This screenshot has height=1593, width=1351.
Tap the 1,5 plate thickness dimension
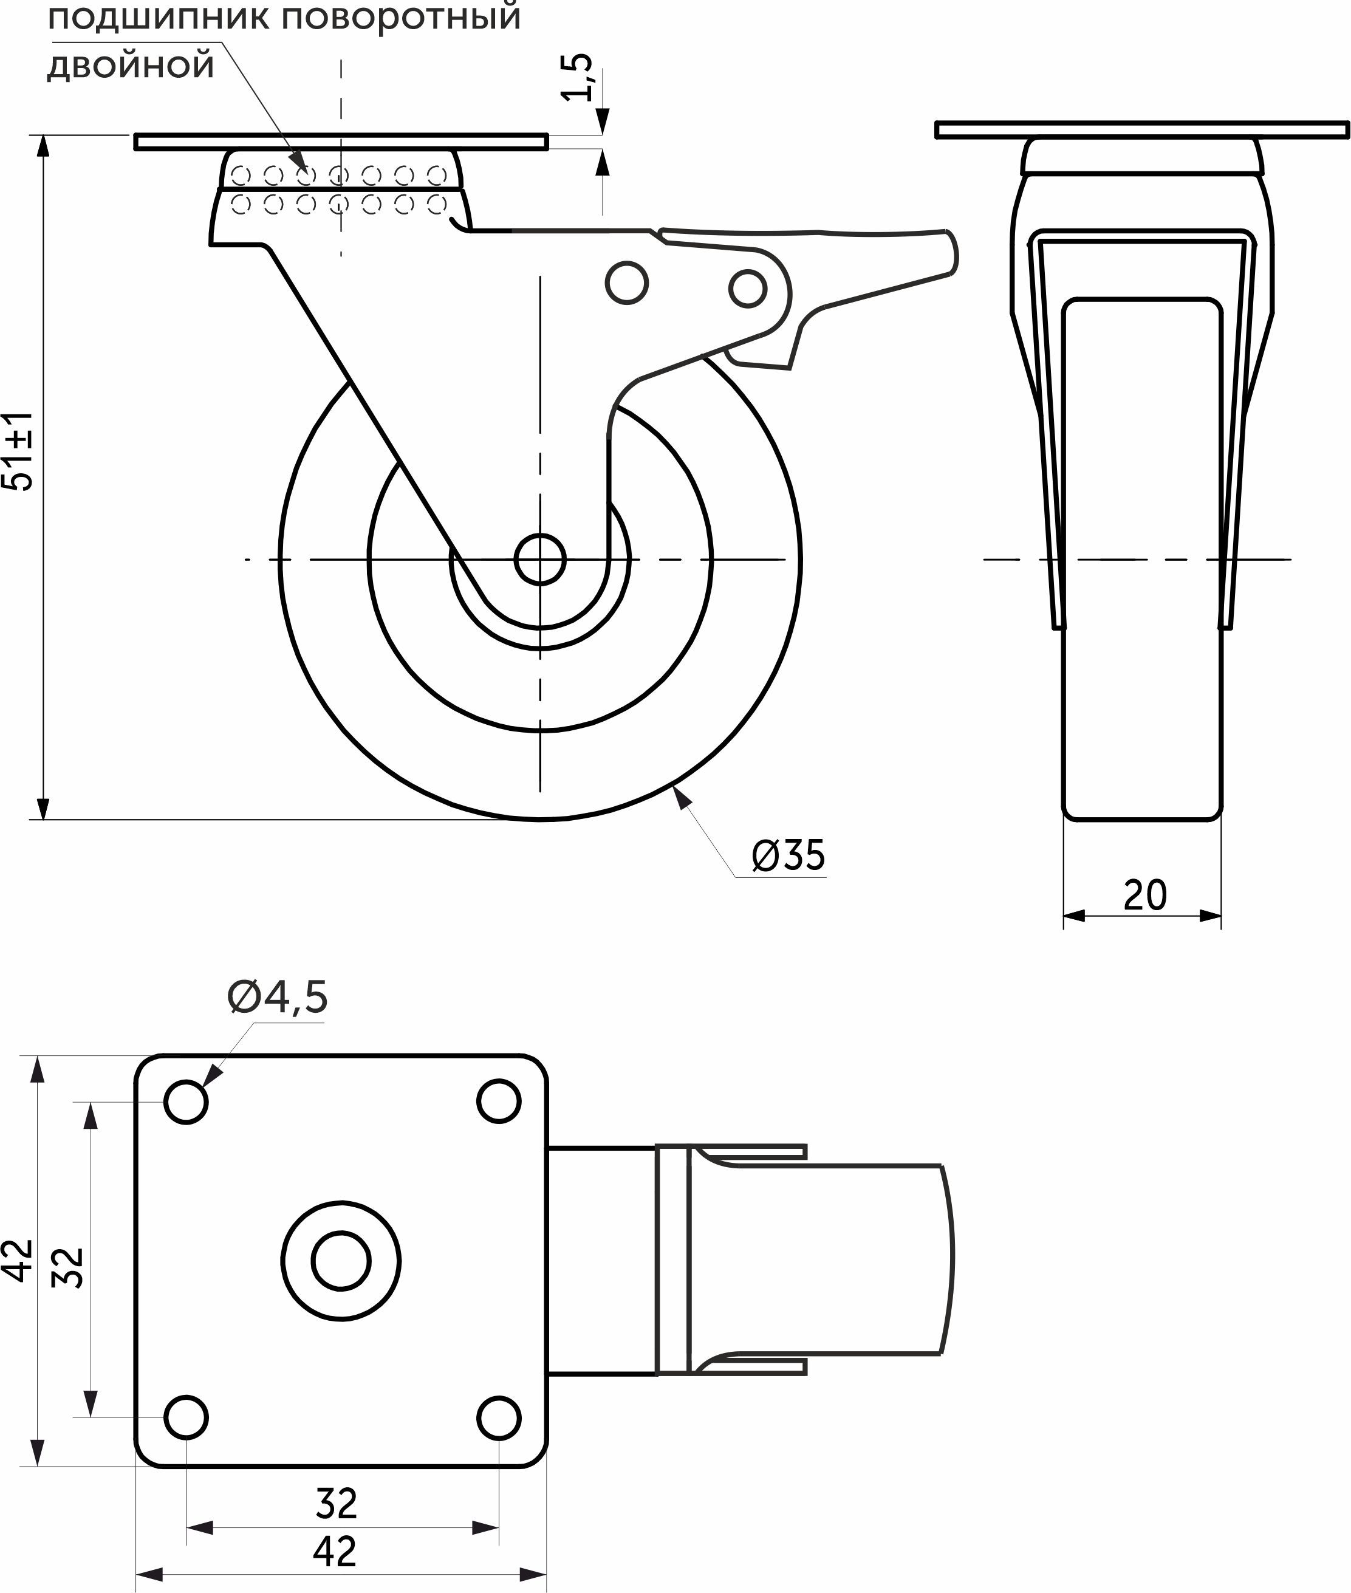pos(578,77)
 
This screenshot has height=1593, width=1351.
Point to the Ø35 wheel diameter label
pos(789,855)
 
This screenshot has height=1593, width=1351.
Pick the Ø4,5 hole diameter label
pos(277,997)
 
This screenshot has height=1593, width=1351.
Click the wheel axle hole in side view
pos(540,560)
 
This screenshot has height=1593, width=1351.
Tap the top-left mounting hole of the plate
pos(186,1102)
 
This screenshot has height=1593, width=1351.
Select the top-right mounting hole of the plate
pos(499,1101)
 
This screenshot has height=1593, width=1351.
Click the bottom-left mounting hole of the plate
pos(186,1417)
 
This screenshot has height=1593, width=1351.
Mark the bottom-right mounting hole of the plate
pos(499,1417)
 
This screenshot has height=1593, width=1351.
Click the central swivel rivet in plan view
pos(341,1261)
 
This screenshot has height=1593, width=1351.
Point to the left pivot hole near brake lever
pos(626,283)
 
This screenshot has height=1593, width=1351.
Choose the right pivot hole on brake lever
pos(748,289)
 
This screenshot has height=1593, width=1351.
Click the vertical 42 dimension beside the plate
pos(19,1260)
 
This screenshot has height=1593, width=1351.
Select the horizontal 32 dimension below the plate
pos(336,1504)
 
